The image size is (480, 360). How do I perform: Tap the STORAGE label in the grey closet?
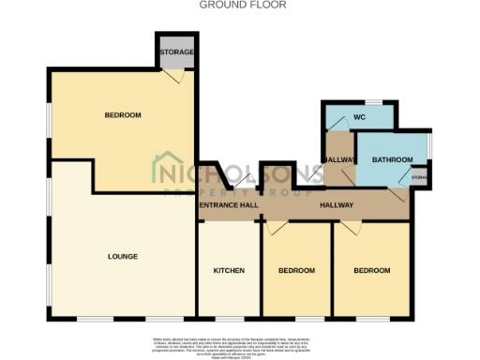(175, 52)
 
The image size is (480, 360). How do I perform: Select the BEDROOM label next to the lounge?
(122, 115)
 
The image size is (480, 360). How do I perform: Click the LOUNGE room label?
(123, 256)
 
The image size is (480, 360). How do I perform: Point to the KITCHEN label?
(229, 270)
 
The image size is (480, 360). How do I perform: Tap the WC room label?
(358, 117)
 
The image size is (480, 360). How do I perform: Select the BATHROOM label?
(392, 159)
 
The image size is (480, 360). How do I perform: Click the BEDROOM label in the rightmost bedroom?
(371, 270)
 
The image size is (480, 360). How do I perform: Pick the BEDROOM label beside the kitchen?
(296, 270)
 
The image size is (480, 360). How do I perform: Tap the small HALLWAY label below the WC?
(339, 160)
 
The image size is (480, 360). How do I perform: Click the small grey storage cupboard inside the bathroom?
(419, 176)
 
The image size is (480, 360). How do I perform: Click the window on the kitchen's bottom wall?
(229, 318)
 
